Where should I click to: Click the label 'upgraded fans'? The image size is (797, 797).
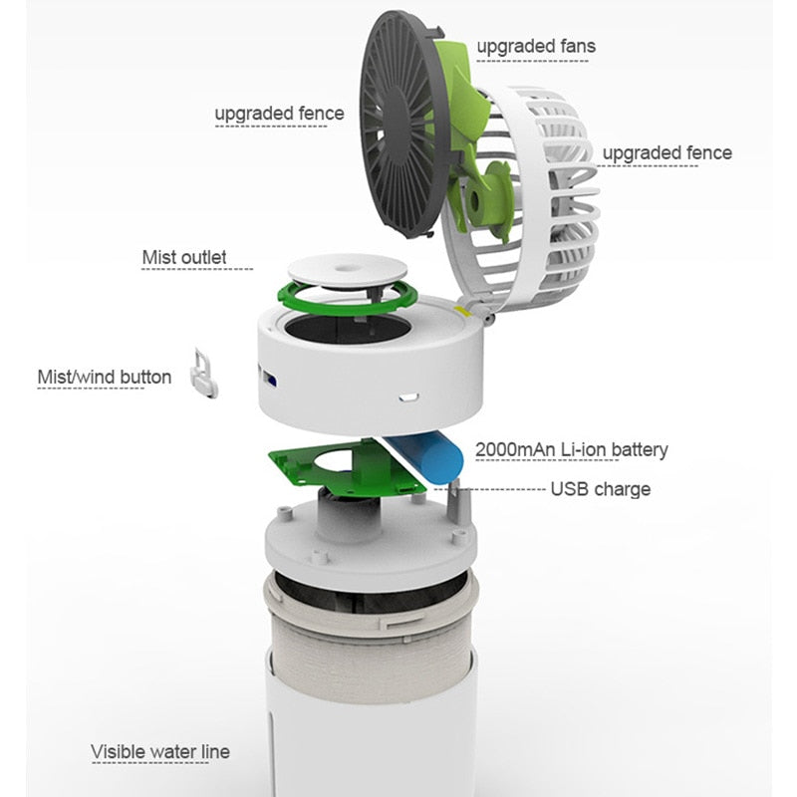pyautogui.click(x=536, y=46)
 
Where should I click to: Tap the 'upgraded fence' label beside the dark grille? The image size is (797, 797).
pyautogui.click(x=279, y=114)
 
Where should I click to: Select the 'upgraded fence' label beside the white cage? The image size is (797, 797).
pyautogui.click(x=666, y=153)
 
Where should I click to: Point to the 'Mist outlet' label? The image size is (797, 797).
pyautogui.click(x=184, y=257)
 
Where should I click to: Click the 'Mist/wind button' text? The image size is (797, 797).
pyautogui.click(x=105, y=378)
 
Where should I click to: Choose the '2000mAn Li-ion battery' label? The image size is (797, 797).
pyautogui.click(x=571, y=450)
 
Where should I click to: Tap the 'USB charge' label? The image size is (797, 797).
pyautogui.click(x=601, y=489)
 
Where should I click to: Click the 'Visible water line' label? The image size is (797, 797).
pyautogui.click(x=160, y=752)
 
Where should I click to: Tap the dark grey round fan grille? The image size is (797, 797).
pyautogui.click(x=401, y=125)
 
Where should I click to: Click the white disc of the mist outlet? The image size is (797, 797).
pyautogui.click(x=347, y=270)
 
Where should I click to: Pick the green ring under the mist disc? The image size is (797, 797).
pyautogui.click(x=347, y=300)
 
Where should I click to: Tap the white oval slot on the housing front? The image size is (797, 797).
pyautogui.click(x=408, y=396)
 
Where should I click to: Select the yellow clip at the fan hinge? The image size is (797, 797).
pyautogui.click(x=461, y=311)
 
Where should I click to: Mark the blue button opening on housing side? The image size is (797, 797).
pyautogui.click(x=269, y=379)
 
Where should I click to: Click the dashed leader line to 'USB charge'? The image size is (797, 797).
pyautogui.click(x=490, y=489)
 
